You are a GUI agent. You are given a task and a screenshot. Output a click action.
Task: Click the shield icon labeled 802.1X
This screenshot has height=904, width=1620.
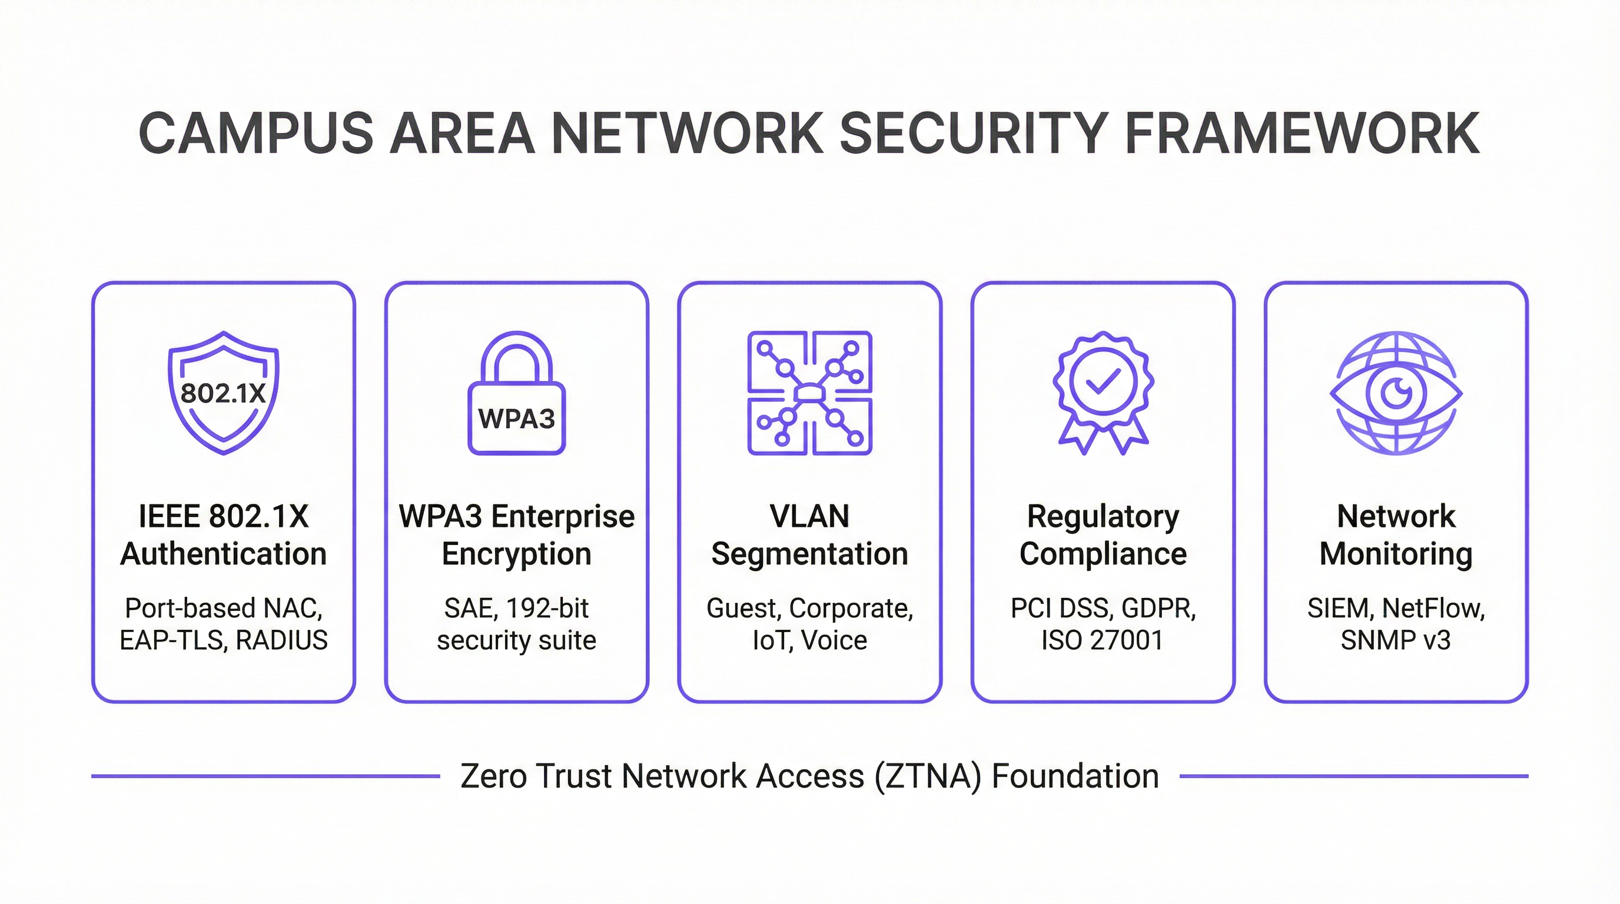click(x=223, y=393)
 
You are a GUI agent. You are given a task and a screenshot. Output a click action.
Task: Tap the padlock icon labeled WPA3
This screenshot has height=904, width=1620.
click(x=516, y=394)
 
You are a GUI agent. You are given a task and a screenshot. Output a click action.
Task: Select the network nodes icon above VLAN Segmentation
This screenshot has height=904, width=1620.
click(x=809, y=393)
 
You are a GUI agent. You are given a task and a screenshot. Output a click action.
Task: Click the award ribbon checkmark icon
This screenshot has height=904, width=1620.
click(x=1103, y=393)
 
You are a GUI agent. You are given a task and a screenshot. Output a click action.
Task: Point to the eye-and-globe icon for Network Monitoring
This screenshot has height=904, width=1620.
click(x=1396, y=393)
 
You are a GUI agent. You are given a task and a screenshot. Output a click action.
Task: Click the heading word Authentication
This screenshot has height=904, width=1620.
click(x=223, y=554)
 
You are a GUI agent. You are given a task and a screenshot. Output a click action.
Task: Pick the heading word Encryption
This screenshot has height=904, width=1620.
click(x=516, y=554)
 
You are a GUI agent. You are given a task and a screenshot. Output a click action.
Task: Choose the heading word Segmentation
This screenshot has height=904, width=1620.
click(x=809, y=554)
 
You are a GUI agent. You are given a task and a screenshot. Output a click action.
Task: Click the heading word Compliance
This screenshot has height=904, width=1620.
click(x=1103, y=554)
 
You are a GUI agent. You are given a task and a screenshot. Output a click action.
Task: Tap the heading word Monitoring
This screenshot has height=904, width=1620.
click(x=1396, y=554)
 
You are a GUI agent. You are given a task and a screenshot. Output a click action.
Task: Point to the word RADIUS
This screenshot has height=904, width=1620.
click(x=282, y=640)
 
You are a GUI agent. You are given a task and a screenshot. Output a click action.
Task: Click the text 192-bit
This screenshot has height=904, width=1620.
click(x=547, y=609)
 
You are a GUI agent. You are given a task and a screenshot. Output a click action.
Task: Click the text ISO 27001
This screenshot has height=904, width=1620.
click(x=1103, y=640)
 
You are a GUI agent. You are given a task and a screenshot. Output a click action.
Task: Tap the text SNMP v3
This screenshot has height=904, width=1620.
click(x=1396, y=640)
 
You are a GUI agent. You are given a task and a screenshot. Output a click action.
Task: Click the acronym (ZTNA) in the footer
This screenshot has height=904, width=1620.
click(x=928, y=776)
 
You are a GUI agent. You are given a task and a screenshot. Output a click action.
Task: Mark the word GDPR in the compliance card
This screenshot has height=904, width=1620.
click(x=1158, y=609)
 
